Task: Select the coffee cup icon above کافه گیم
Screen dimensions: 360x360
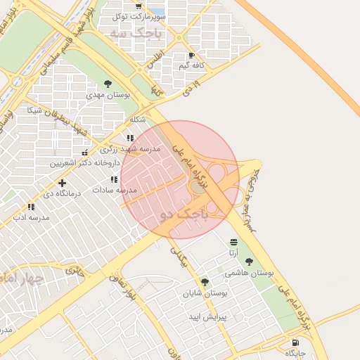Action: click(x=191, y=56)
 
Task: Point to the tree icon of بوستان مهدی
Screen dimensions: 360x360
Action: click(x=108, y=84)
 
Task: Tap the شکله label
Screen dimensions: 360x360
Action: click(x=138, y=120)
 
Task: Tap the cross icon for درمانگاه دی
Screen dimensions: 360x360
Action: click(x=63, y=183)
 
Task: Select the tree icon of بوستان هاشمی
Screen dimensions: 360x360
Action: click(x=249, y=262)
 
